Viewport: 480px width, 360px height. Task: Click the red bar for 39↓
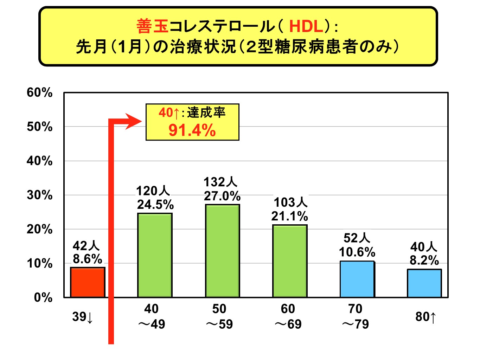(88, 282)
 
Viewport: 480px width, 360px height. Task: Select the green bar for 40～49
(155, 255)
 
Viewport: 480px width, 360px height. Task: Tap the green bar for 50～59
(222, 251)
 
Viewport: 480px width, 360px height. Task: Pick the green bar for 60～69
(290, 261)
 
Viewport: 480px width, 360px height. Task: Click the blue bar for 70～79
(357, 279)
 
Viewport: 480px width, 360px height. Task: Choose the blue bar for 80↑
(424, 283)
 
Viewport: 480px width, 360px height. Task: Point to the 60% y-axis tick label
(39, 92)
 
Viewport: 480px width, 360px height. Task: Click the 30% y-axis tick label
(39, 195)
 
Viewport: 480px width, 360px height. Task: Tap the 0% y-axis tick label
(43, 297)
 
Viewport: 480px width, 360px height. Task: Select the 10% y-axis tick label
(39, 263)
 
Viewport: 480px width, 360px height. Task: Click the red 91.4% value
(192, 130)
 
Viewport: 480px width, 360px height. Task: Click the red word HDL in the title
(306, 26)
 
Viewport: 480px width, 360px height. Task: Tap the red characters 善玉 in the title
(152, 26)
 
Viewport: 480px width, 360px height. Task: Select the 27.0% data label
(222, 196)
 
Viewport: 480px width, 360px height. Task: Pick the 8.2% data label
(424, 260)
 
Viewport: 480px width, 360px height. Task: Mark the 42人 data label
(86, 245)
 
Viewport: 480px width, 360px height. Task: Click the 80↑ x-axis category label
(425, 317)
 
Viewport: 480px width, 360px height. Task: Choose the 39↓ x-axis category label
(83, 317)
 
